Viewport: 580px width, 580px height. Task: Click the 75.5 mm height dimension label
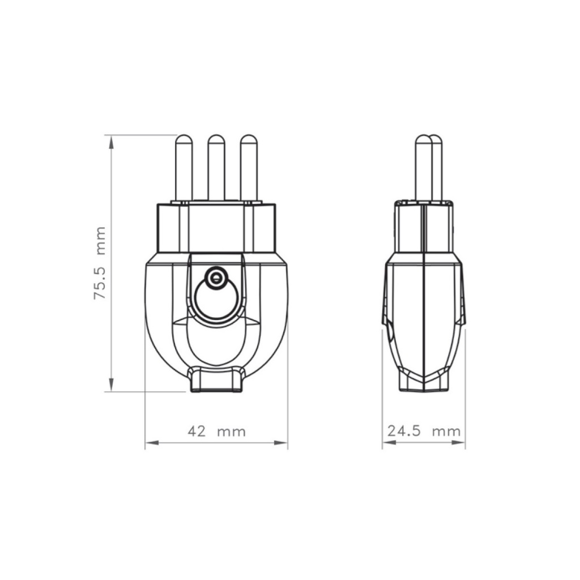(100, 263)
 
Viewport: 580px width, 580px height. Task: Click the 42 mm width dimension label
(217, 431)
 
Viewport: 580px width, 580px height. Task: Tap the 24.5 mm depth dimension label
(424, 431)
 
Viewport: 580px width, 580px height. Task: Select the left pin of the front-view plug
(184, 168)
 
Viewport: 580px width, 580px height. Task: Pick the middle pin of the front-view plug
(216, 168)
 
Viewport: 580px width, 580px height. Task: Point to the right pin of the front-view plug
(249, 168)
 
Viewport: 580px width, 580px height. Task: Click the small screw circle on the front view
(215, 278)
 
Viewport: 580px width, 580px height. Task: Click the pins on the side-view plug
(428, 168)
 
